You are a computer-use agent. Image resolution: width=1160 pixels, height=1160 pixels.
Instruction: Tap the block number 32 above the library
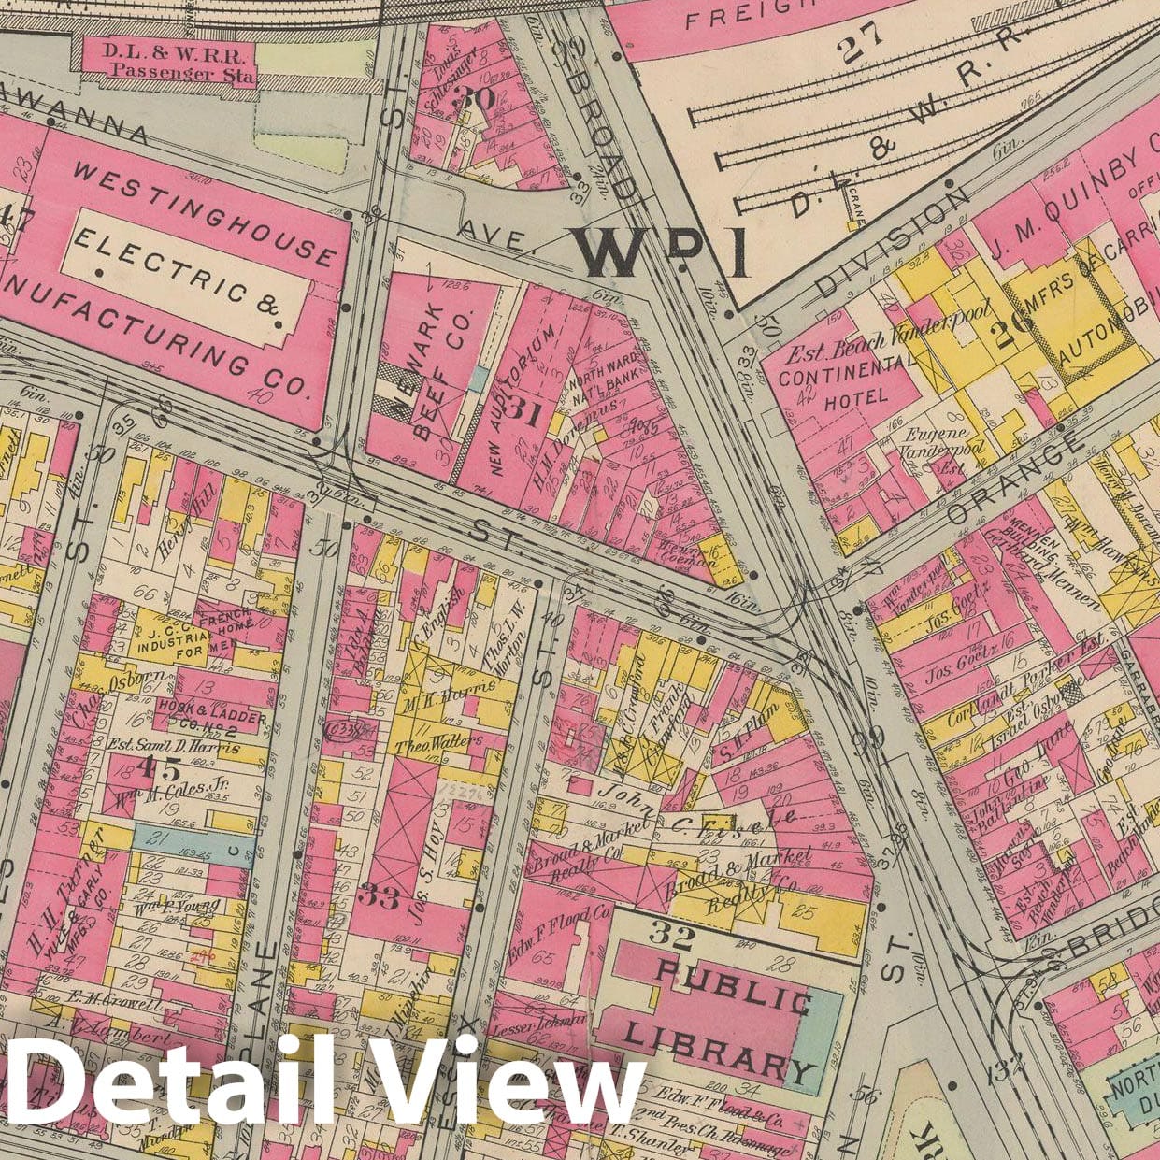tap(670, 935)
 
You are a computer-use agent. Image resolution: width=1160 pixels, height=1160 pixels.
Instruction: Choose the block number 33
tap(381, 898)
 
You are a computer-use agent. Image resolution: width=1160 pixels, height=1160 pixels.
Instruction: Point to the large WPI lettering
tap(660, 251)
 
